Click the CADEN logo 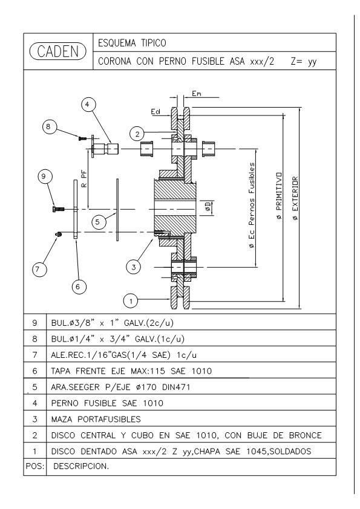coord(58,51)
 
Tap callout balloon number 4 coord(87,105)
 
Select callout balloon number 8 coord(48,126)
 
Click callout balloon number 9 coord(44,177)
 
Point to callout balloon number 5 coord(98,222)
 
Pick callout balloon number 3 coord(134,267)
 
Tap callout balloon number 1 coord(131,301)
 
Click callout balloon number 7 coord(39,269)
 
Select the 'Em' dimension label coord(196,94)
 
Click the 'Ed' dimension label coord(155,112)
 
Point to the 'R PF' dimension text coord(84,180)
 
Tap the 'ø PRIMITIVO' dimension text coord(280,196)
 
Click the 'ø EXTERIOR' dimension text coord(295,199)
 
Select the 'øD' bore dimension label coord(208,207)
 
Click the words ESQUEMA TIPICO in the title coord(132,43)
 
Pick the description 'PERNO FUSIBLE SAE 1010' coord(107,403)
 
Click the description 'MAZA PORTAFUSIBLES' coord(96,419)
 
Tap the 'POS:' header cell coord(34,466)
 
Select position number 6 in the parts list coord(34,371)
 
